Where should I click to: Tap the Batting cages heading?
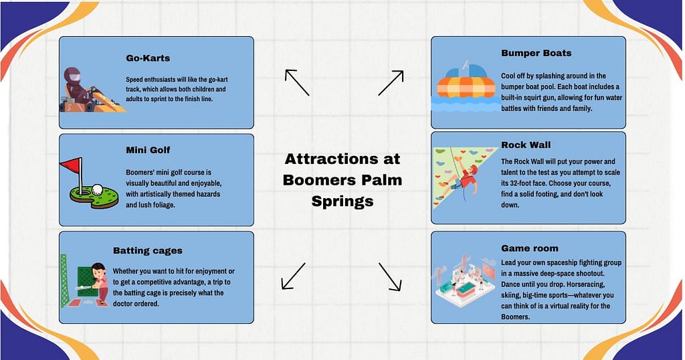pos(147,250)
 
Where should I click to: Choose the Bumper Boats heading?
pos(536,53)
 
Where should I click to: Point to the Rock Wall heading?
pos(526,144)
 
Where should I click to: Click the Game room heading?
pos(529,248)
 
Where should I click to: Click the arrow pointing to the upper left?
pos(296,82)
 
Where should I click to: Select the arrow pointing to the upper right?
pos(391,83)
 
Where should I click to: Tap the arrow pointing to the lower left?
pos(293,276)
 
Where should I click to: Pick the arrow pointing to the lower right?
pos(390,276)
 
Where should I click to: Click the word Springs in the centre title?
pos(342,201)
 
